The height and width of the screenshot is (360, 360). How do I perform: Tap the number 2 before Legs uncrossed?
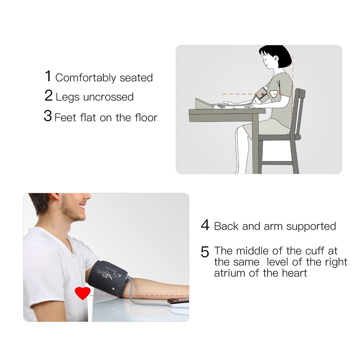point(49,96)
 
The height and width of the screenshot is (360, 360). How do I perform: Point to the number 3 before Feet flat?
point(48,116)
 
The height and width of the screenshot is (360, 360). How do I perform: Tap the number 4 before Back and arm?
point(205,225)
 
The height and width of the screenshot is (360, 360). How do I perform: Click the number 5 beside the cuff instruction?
point(205,252)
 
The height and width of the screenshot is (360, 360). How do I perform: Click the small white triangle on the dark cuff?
point(113,289)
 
